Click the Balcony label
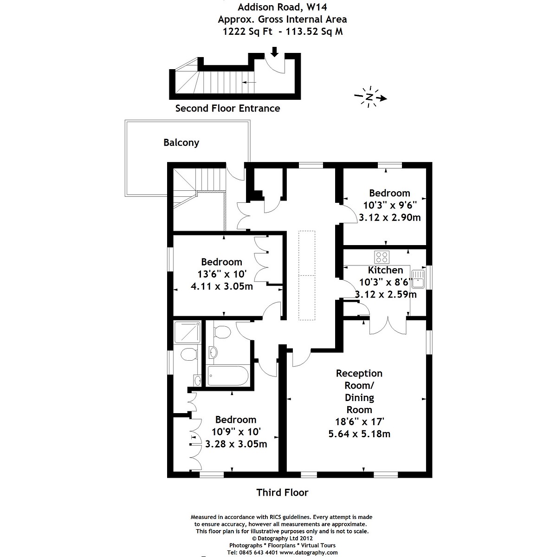[x=181, y=142]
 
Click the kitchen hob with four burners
[x=382, y=257]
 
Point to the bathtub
[x=228, y=376]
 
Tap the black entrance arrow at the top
[x=274, y=52]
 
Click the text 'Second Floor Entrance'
[x=227, y=108]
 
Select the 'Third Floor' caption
[x=282, y=492]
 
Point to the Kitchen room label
[x=385, y=270]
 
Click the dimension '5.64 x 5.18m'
[x=359, y=434]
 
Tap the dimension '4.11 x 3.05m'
[x=222, y=286]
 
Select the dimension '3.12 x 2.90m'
[x=390, y=217]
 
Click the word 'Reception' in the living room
[x=359, y=373]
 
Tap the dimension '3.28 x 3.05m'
[x=236, y=444]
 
